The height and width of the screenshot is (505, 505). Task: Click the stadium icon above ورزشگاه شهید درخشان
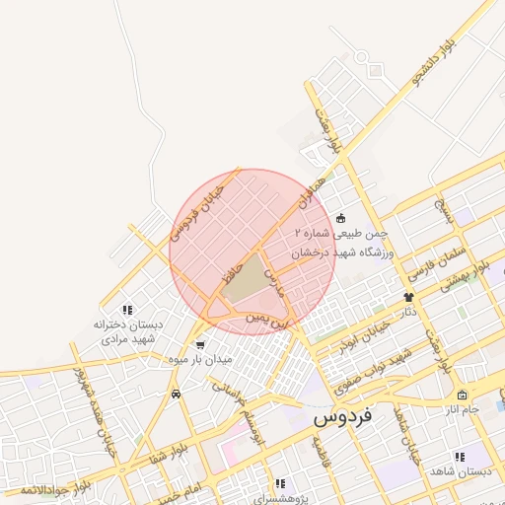pyautogui.click(x=340, y=218)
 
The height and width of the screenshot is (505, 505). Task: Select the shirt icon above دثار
pyautogui.click(x=408, y=296)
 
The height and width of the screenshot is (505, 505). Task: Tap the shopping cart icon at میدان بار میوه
pyautogui.click(x=201, y=345)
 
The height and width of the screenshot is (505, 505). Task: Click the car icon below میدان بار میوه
pyautogui.click(x=176, y=395)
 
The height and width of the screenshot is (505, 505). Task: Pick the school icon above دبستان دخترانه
pyautogui.click(x=125, y=310)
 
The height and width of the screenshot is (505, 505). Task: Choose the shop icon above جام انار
pyautogui.click(x=462, y=396)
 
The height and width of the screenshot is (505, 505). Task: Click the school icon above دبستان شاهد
pyautogui.click(x=459, y=456)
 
